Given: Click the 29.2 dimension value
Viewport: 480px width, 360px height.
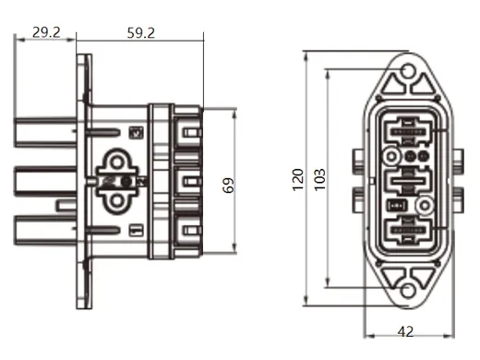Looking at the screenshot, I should tap(46, 31).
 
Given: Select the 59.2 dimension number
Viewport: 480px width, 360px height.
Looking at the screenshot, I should tap(139, 31).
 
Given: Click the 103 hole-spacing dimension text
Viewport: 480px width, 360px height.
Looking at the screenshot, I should tap(319, 179).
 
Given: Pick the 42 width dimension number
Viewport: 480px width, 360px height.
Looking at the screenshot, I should tap(405, 331).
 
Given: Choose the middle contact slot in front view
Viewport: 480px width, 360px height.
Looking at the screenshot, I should tap(406, 180).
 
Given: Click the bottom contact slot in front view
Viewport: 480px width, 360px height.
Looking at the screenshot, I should tap(406, 230).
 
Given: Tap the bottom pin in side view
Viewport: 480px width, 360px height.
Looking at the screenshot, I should tap(47, 225).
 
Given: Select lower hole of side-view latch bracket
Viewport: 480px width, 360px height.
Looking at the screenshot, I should tap(120, 196).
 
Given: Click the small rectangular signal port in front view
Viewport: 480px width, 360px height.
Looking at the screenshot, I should tap(395, 205).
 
